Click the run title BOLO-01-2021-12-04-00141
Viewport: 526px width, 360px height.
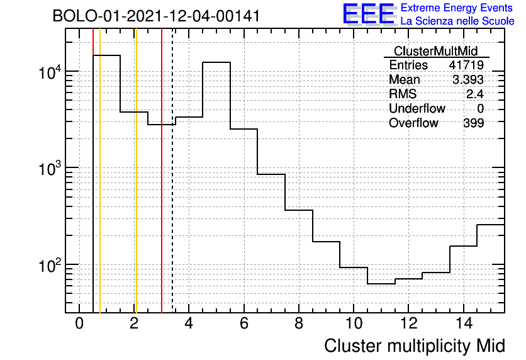(156, 16)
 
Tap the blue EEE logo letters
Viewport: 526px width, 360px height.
(369, 14)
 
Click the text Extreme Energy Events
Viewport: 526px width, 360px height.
(457, 8)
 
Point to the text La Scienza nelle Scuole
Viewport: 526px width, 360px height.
(457, 21)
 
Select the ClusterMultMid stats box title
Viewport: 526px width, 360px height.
(436, 51)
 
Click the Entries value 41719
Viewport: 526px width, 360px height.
(466, 65)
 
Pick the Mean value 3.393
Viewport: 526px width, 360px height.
(468, 80)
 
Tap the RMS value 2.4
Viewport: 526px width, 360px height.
(475, 94)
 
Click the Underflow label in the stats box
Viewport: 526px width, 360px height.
(417, 108)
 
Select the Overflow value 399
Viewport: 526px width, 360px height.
(474, 123)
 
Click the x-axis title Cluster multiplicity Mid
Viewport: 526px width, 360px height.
(415, 346)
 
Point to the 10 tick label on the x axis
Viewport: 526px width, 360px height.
(354, 323)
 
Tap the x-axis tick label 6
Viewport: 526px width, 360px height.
(244, 323)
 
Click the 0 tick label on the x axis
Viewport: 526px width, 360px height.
(79, 323)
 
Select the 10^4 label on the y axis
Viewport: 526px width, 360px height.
(50, 72)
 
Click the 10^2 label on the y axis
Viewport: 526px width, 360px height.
(50, 265)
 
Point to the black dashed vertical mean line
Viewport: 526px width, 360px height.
(172, 171)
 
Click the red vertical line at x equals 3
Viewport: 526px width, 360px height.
(162, 171)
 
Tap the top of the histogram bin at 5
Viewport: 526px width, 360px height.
(216, 62)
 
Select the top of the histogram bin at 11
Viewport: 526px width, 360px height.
(381, 284)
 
